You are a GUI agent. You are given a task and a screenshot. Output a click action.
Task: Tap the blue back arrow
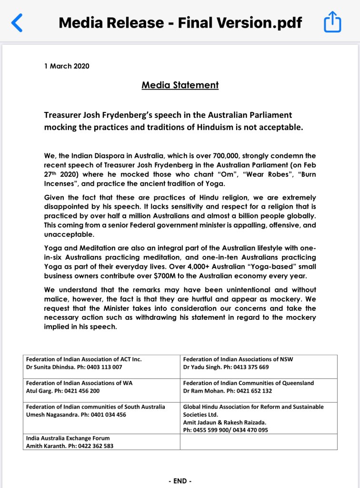coord(17,22)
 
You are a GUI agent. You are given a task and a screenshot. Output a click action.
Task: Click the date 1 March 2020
coord(66,66)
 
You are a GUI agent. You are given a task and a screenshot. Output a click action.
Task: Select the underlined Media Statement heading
coord(180,85)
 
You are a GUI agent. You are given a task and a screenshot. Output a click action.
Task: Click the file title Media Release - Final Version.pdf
coord(180,23)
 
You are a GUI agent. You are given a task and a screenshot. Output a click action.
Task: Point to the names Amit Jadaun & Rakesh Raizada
coord(225,422)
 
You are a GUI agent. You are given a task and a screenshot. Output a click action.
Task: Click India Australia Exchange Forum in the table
coord(68,438)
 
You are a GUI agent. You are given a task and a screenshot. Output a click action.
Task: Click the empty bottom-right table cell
coord(258,442)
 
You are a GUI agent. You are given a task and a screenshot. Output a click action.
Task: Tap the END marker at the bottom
coord(180,481)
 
